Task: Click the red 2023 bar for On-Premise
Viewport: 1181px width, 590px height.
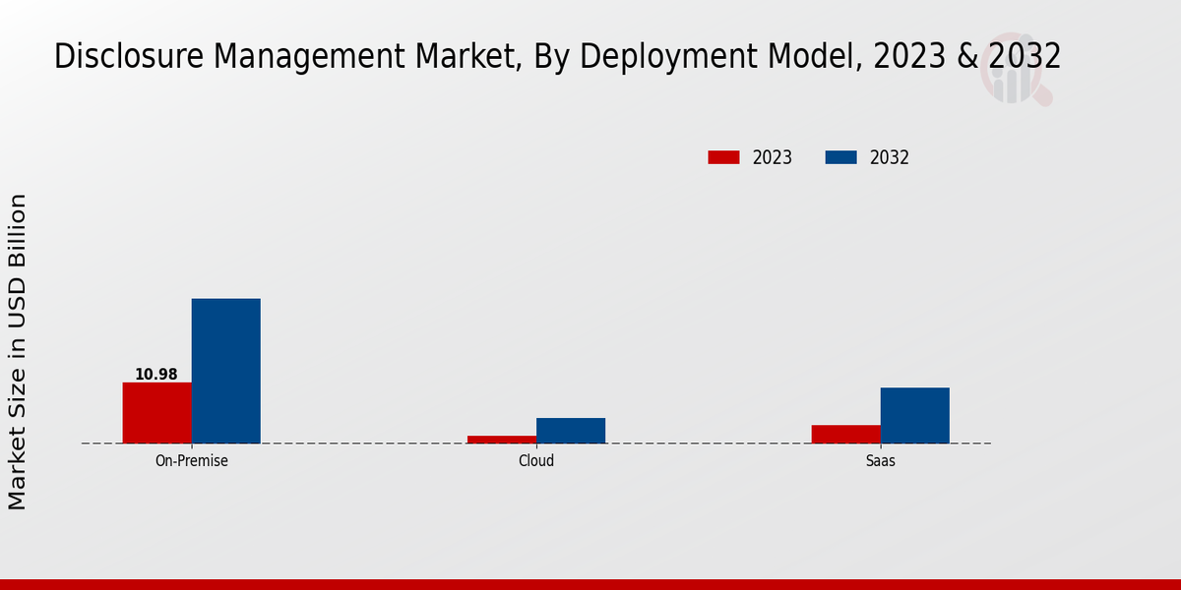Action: coord(156,413)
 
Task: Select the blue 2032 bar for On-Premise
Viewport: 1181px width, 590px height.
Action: coord(225,371)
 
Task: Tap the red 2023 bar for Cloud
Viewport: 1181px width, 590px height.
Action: coord(502,439)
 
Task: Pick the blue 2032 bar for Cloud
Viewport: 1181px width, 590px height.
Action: coord(571,431)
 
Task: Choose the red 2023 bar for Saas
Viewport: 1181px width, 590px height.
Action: coord(845,434)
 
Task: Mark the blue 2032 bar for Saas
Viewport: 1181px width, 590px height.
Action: coord(914,415)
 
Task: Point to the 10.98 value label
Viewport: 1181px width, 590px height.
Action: coord(156,375)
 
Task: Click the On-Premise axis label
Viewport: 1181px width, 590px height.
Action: coord(191,460)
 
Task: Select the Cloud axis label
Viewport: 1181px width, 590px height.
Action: coord(536,460)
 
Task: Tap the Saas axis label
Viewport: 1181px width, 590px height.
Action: coord(880,460)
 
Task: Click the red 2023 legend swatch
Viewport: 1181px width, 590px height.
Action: coord(723,157)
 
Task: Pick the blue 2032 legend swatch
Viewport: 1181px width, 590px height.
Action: coord(840,157)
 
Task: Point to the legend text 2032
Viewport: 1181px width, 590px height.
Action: coord(889,157)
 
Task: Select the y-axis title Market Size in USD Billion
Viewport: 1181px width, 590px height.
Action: coord(18,352)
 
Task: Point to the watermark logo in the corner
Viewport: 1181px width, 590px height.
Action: coord(1014,75)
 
